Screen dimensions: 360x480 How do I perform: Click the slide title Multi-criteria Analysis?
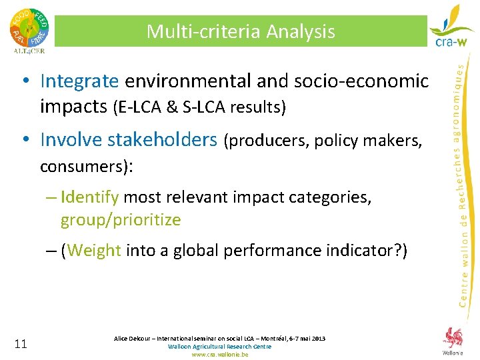point(241,31)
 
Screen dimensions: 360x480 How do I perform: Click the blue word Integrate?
point(79,81)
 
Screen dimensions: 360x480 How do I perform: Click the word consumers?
point(83,165)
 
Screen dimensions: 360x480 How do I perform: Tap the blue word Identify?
point(89,197)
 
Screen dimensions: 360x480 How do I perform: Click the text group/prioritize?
point(121,219)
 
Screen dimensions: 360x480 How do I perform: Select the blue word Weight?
point(94,251)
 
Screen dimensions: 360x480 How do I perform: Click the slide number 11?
point(20,344)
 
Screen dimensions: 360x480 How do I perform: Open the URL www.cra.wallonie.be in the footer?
point(220,355)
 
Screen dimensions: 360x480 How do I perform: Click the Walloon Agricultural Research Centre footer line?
point(220,347)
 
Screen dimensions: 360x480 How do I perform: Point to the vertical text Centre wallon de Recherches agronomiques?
point(463,180)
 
